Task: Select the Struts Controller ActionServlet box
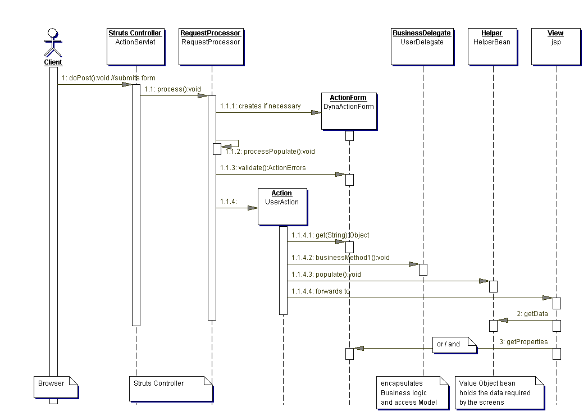coord(135,45)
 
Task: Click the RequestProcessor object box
coord(211,45)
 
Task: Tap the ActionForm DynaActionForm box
coord(348,111)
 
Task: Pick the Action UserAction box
coord(282,206)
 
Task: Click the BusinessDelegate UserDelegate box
coord(422,45)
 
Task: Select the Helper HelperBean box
coord(492,45)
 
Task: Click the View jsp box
coord(555,45)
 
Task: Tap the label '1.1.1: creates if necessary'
coord(261,106)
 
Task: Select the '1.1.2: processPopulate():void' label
coord(270,151)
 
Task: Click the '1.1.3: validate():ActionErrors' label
coord(263,168)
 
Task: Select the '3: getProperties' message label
coord(523,341)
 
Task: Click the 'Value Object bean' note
coord(499,392)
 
